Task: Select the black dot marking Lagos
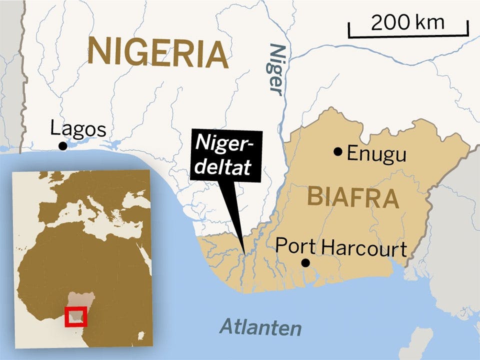[x=62, y=145]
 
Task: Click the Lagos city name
[x=78, y=129]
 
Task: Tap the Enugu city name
[x=376, y=153]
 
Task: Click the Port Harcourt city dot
[x=305, y=262]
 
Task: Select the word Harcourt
[x=364, y=247]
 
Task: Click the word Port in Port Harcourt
[x=295, y=245]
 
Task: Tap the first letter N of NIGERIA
[x=98, y=52]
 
